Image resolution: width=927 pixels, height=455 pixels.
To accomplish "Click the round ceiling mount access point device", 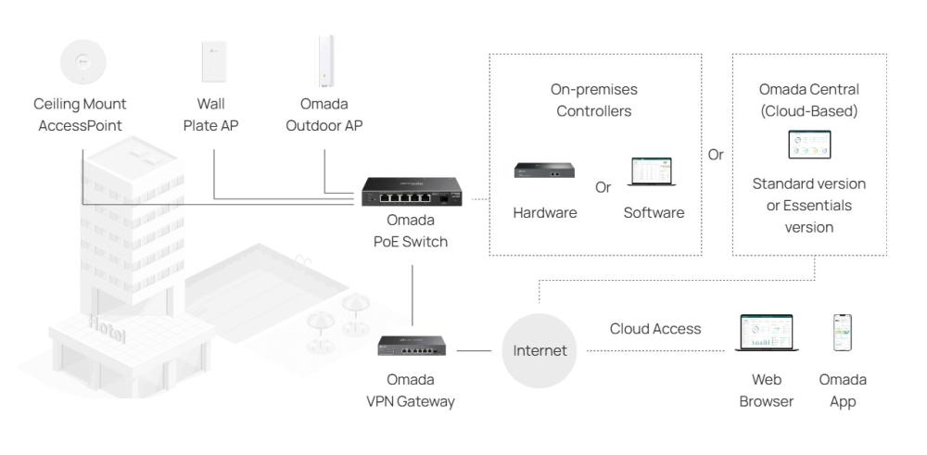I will [82, 63].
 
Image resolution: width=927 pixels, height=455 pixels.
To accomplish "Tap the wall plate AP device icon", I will [210, 63].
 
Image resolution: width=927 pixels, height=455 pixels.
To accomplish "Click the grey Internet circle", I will [540, 351].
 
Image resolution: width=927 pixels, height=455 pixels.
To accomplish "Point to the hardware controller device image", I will [544, 170].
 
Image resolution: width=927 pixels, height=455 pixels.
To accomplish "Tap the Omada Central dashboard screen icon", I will [808, 145].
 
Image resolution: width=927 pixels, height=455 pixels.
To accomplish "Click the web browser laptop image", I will [767, 333].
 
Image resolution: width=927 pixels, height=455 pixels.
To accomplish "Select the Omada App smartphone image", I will [843, 333].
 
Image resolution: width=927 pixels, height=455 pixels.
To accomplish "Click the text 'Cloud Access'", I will [655, 329].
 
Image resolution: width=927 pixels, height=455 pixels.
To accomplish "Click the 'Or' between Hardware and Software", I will [603, 187].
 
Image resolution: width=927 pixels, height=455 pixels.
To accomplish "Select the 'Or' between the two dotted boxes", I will [716, 155].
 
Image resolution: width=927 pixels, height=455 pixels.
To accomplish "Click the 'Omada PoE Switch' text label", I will [411, 234].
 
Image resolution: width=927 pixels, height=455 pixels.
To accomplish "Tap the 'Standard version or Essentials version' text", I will [808, 205].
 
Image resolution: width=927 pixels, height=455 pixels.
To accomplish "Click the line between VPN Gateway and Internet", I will [474, 351].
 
